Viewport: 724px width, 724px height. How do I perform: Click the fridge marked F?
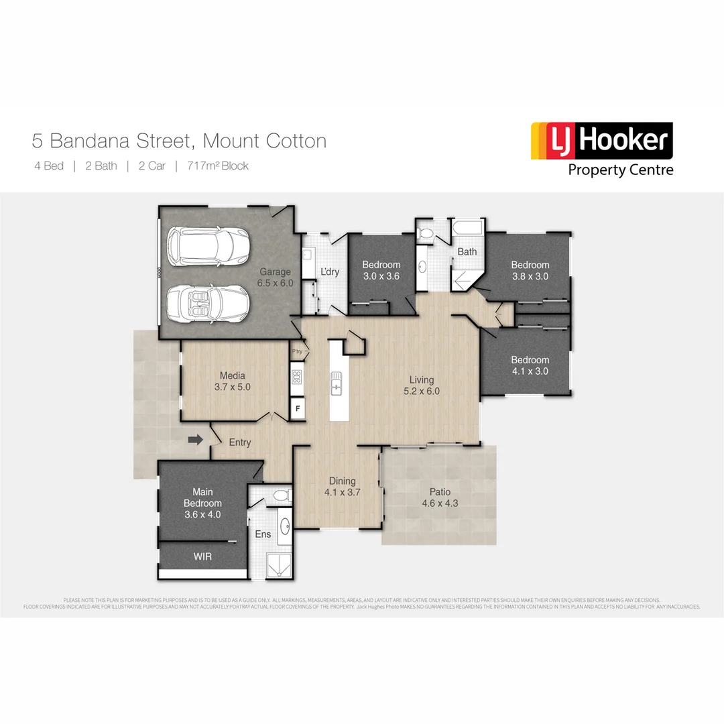(297, 407)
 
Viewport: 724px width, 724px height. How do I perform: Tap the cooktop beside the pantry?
(297, 377)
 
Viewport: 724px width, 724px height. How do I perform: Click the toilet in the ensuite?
(282, 495)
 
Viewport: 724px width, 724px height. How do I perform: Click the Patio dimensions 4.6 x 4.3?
(440, 503)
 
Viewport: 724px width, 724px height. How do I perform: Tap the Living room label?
(422, 380)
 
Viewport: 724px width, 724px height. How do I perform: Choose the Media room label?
(232, 375)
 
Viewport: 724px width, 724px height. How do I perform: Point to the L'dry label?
(330, 271)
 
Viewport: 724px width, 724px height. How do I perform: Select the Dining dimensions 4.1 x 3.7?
(342, 492)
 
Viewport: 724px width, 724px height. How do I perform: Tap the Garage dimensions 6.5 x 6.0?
(276, 283)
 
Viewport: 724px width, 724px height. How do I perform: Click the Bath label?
(467, 252)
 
